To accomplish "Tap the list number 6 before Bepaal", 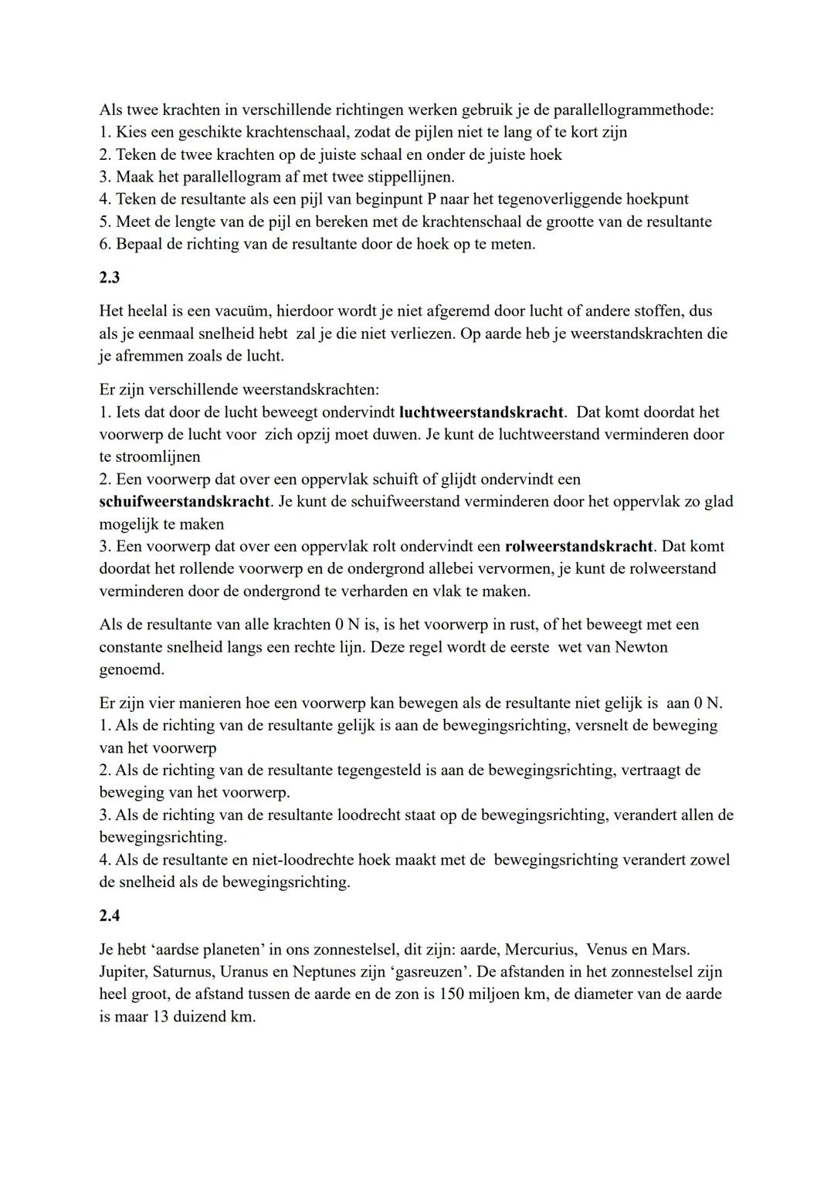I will (x=105, y=244).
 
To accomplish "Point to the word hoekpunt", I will (x=656, y=199).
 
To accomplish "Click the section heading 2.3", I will (x=110, y=278).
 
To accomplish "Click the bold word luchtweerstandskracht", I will (x=482, y=412).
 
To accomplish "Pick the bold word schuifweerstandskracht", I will (x=185, y=502).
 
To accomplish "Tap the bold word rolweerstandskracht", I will (x=578, y=547).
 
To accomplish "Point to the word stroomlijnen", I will (x=158, y=457).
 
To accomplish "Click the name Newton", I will (x=641, y=647).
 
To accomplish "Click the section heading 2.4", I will (x=110, y=916).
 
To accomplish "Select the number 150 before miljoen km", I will (x=451, y=994).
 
